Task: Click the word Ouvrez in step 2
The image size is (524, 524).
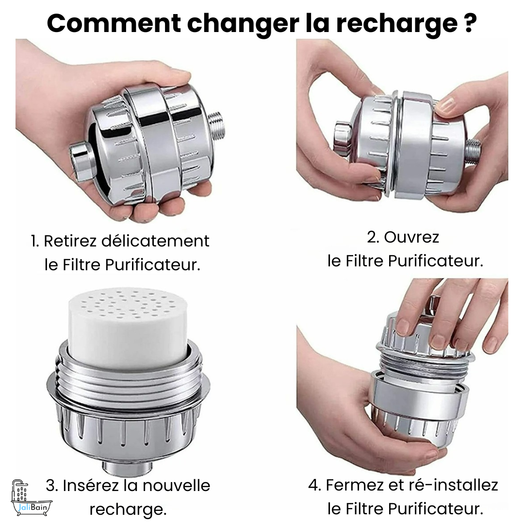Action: pos(411,237)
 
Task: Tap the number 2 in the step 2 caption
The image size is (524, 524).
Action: pos(372,237)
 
